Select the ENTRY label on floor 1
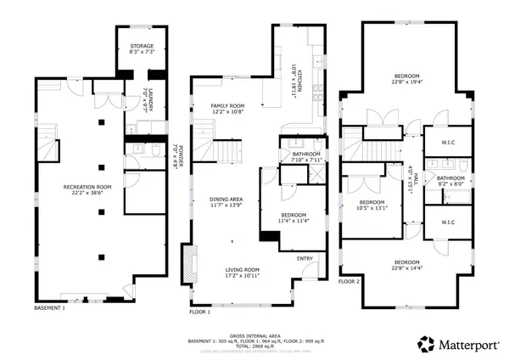305,257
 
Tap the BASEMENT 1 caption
49,307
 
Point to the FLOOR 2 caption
350,281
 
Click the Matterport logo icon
424,344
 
